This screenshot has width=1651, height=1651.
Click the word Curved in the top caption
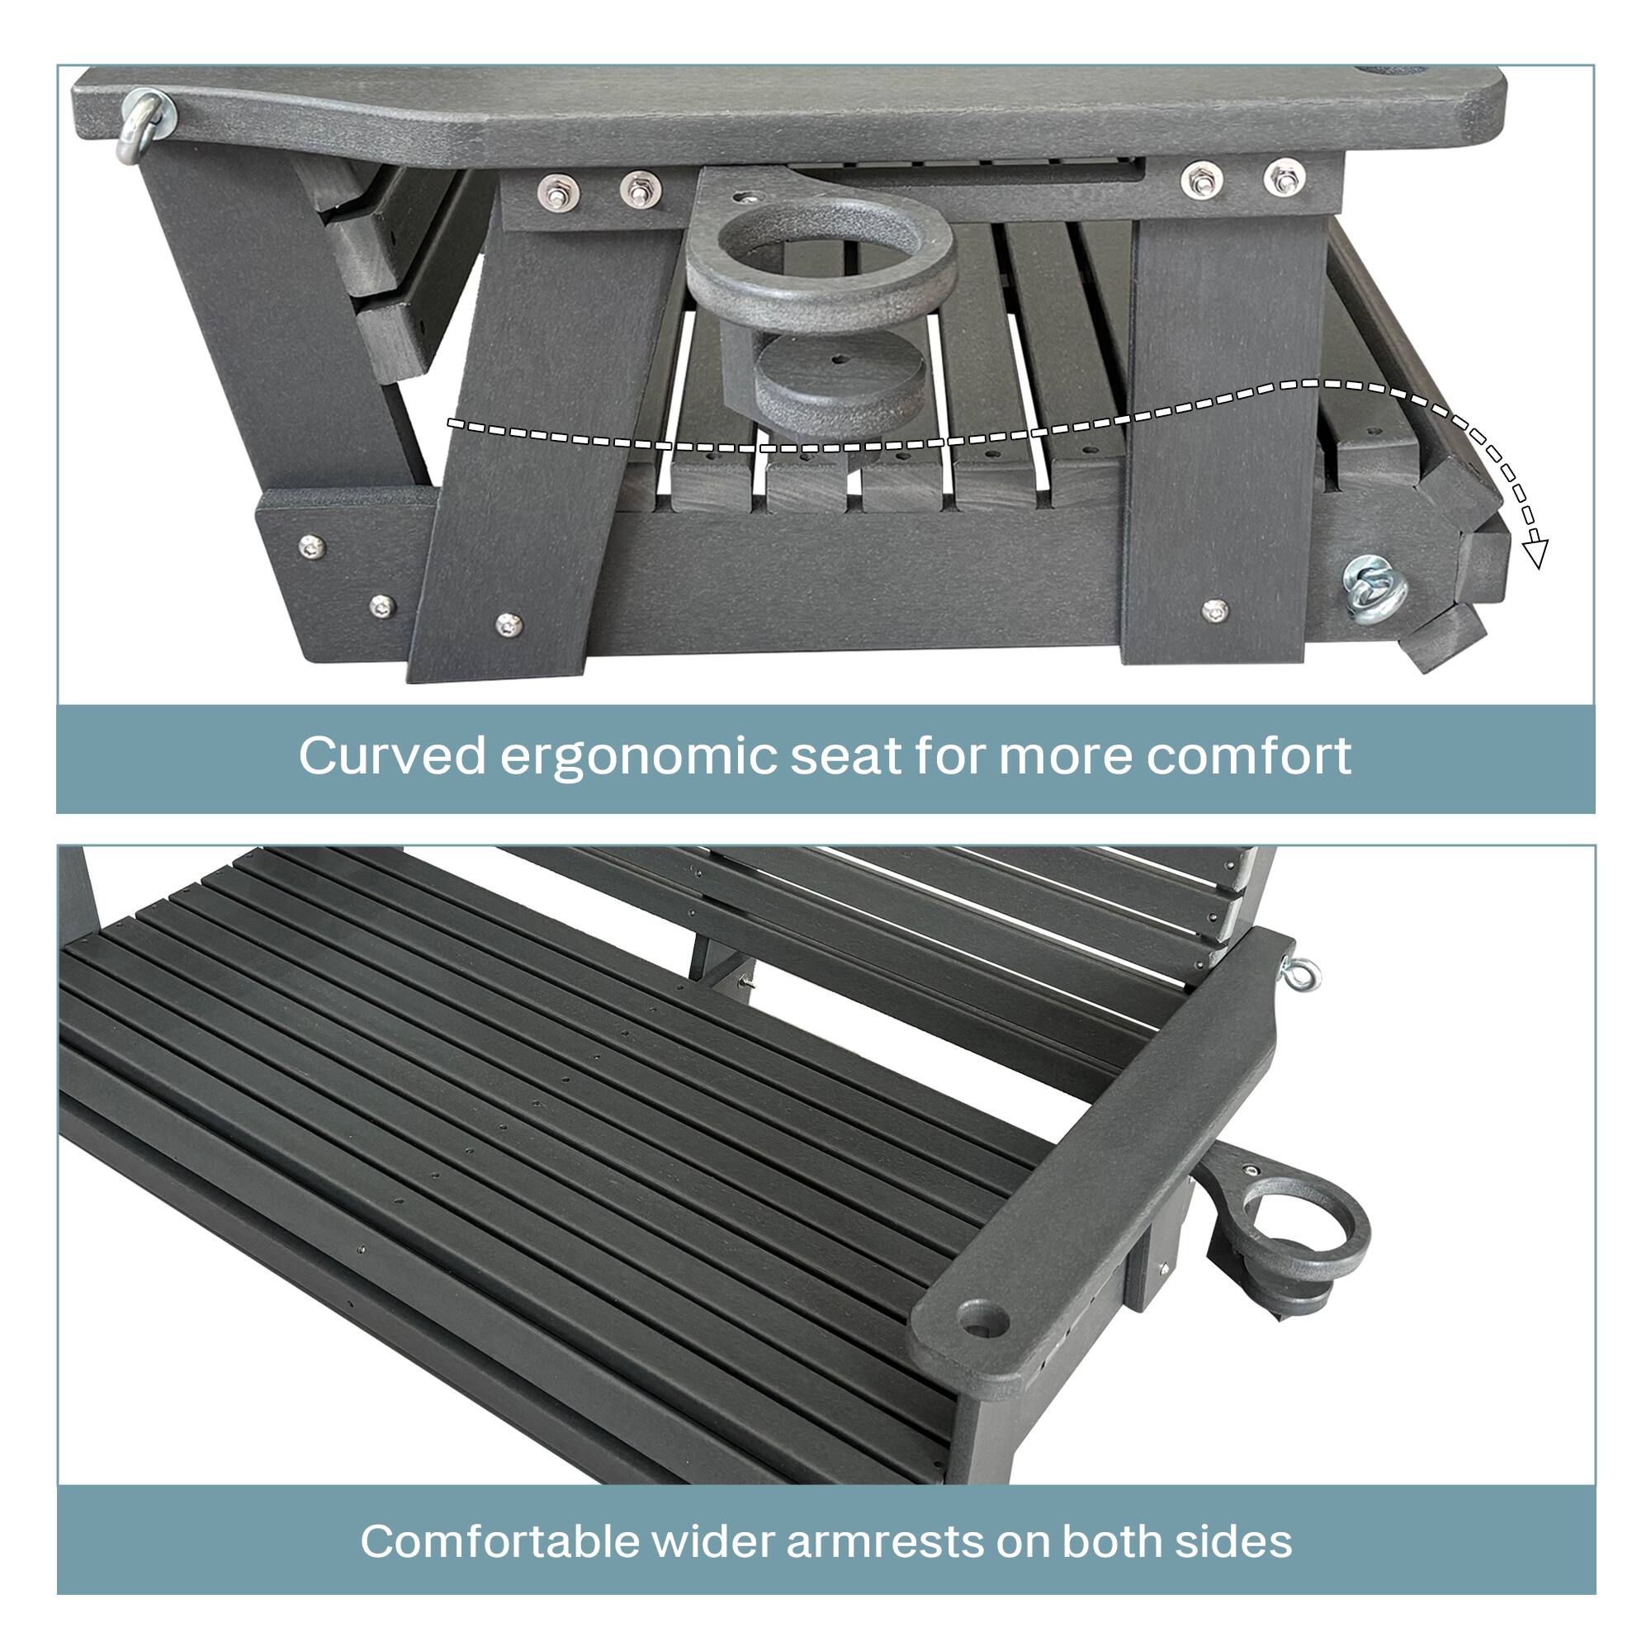coord(392,756)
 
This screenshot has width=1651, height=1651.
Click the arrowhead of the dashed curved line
coord(1535,556)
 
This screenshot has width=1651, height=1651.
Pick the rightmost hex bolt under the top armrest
coord(1282,179)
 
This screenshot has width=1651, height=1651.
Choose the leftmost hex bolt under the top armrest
coord(560,192)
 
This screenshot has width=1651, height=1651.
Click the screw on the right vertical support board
coord(1214,610)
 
